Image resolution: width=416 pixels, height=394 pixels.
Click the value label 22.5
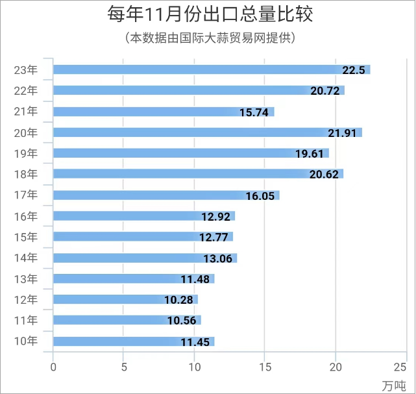pyautogui.click(x=355, y=70)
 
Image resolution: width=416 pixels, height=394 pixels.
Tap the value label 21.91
pyautogui.click(x=343, y=133)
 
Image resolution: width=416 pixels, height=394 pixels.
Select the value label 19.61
pyautogui.click(x=310, y=154)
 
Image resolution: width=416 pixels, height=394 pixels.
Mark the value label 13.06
pyautogui.click(x=217, y=258)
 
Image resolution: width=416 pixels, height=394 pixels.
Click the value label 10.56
pyautogui.click(x=182, y=321)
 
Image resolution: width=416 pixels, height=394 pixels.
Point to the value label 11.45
pyautogui.click(x=195, y=342)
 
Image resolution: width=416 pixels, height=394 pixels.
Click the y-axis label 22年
pyautogui.click(x=26, y=90)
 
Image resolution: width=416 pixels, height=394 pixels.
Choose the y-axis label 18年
pyautogui.click(x=26, y=174)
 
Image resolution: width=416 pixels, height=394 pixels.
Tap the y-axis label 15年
pyautogui.click(x=26, y=237)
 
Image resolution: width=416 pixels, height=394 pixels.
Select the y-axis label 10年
pyautogui.click(x=26, y=341)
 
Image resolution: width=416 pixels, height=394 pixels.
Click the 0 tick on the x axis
pyautogui.click(x=53, y=367)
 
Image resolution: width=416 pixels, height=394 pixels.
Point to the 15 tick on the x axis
pyautogui.click(x=265, y=367)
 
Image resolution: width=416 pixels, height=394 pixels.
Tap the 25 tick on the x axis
pyautogui.click(x=406, y=367)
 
